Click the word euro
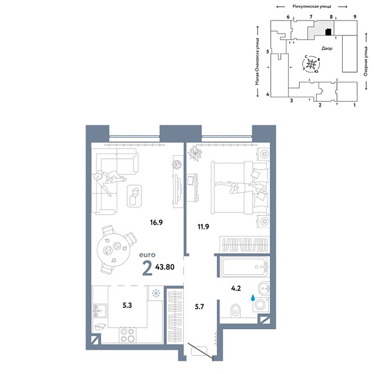point(147,255)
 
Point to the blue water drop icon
point(252,300)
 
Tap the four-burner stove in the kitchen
point(127,335)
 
